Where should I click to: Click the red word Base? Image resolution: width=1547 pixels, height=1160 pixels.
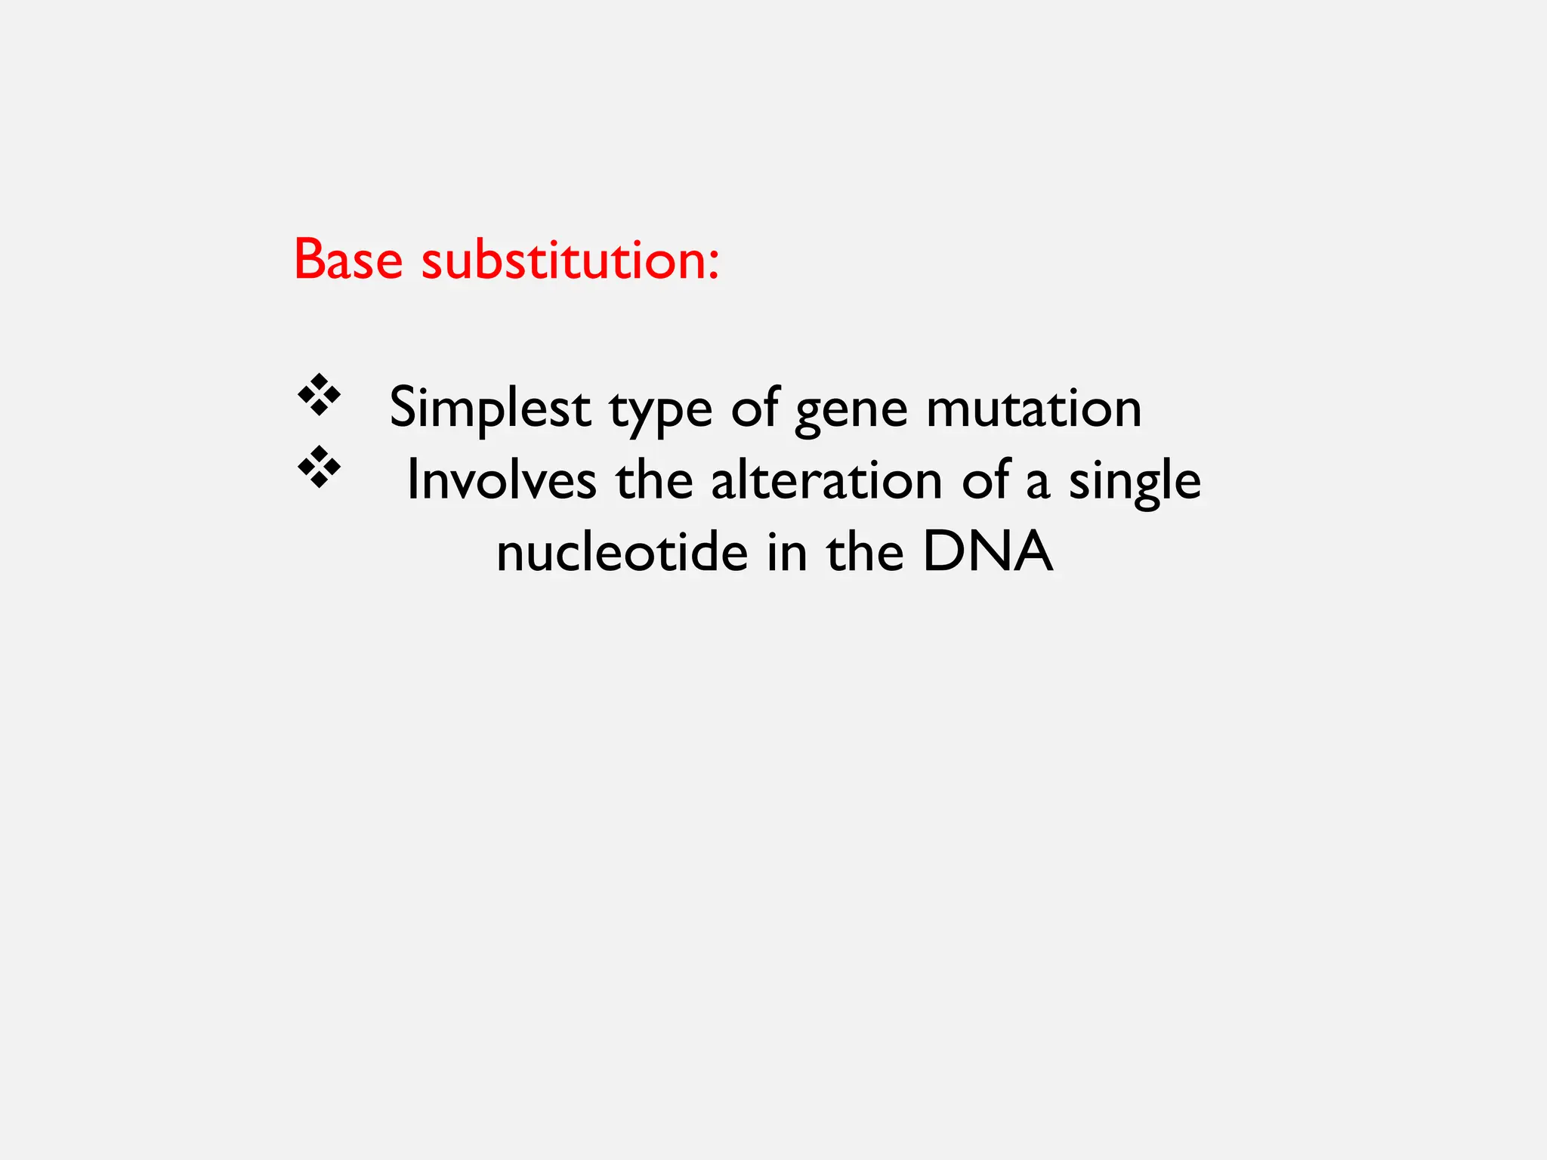click(x=348, y=260)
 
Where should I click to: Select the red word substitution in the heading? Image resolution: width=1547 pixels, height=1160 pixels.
click(x=555, y=260)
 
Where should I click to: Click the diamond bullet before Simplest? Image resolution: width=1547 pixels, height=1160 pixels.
click(x=319, y=394)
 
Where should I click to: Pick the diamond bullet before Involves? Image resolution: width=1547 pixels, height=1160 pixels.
click(x=319, y=467)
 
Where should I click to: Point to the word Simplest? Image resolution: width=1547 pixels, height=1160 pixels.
click(x=489, y=409)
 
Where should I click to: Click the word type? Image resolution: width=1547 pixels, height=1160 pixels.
click(x=661, y=412)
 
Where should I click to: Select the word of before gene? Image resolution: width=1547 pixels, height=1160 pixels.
click(x=755, y=407)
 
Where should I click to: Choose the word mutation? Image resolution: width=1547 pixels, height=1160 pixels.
click(x=1033, y=409)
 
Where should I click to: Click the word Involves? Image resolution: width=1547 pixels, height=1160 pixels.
click(x=502, y=480)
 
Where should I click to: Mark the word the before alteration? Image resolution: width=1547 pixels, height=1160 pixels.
click(x=654, y=480)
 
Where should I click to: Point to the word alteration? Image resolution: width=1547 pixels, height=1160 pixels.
click(x=826, y=480)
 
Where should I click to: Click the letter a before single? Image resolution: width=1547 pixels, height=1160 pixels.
click(x=1038, y=484)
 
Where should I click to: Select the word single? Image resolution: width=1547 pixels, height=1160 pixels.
click(x=1135, y=483)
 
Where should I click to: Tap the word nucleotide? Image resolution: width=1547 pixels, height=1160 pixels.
click(x=622, y=552)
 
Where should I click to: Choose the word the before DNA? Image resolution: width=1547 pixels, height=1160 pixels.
click(x=865, y=552)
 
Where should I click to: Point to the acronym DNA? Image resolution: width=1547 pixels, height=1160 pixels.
click(x=987, y=552)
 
